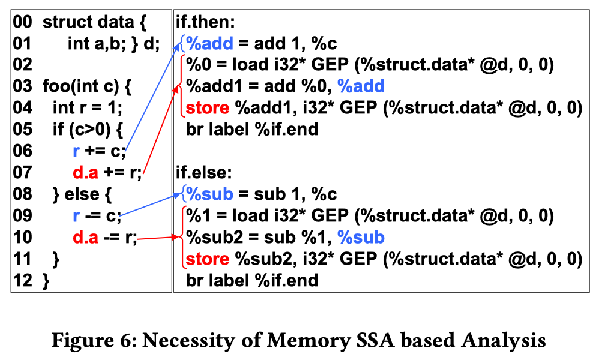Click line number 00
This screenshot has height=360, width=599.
[x=23, y=23]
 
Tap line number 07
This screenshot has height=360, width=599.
[x=23, y=173]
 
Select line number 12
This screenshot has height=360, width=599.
[x=23, y=280]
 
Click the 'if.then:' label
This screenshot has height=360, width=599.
[x=205, y=23]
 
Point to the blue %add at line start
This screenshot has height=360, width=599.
[x=209, y=44]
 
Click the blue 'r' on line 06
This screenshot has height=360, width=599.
[x=76, y=151]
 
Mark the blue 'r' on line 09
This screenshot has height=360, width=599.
[x=76, y=216]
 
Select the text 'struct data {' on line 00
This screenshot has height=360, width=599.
[x=94, y=23]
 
